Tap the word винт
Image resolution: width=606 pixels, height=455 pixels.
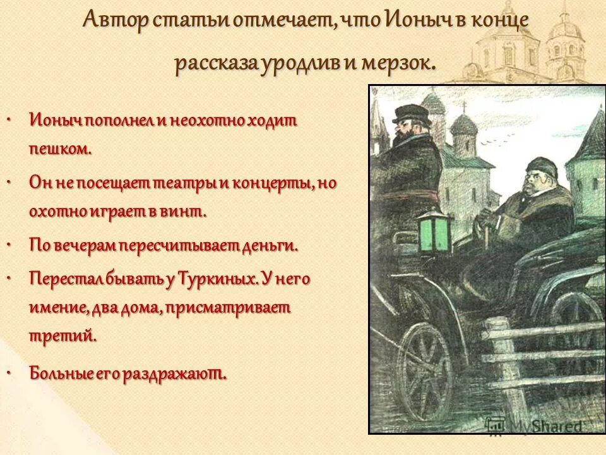(x=186, y=212)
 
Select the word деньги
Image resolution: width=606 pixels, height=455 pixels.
(x=268, y=245)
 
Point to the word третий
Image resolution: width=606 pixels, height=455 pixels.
(x=62, y=335)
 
